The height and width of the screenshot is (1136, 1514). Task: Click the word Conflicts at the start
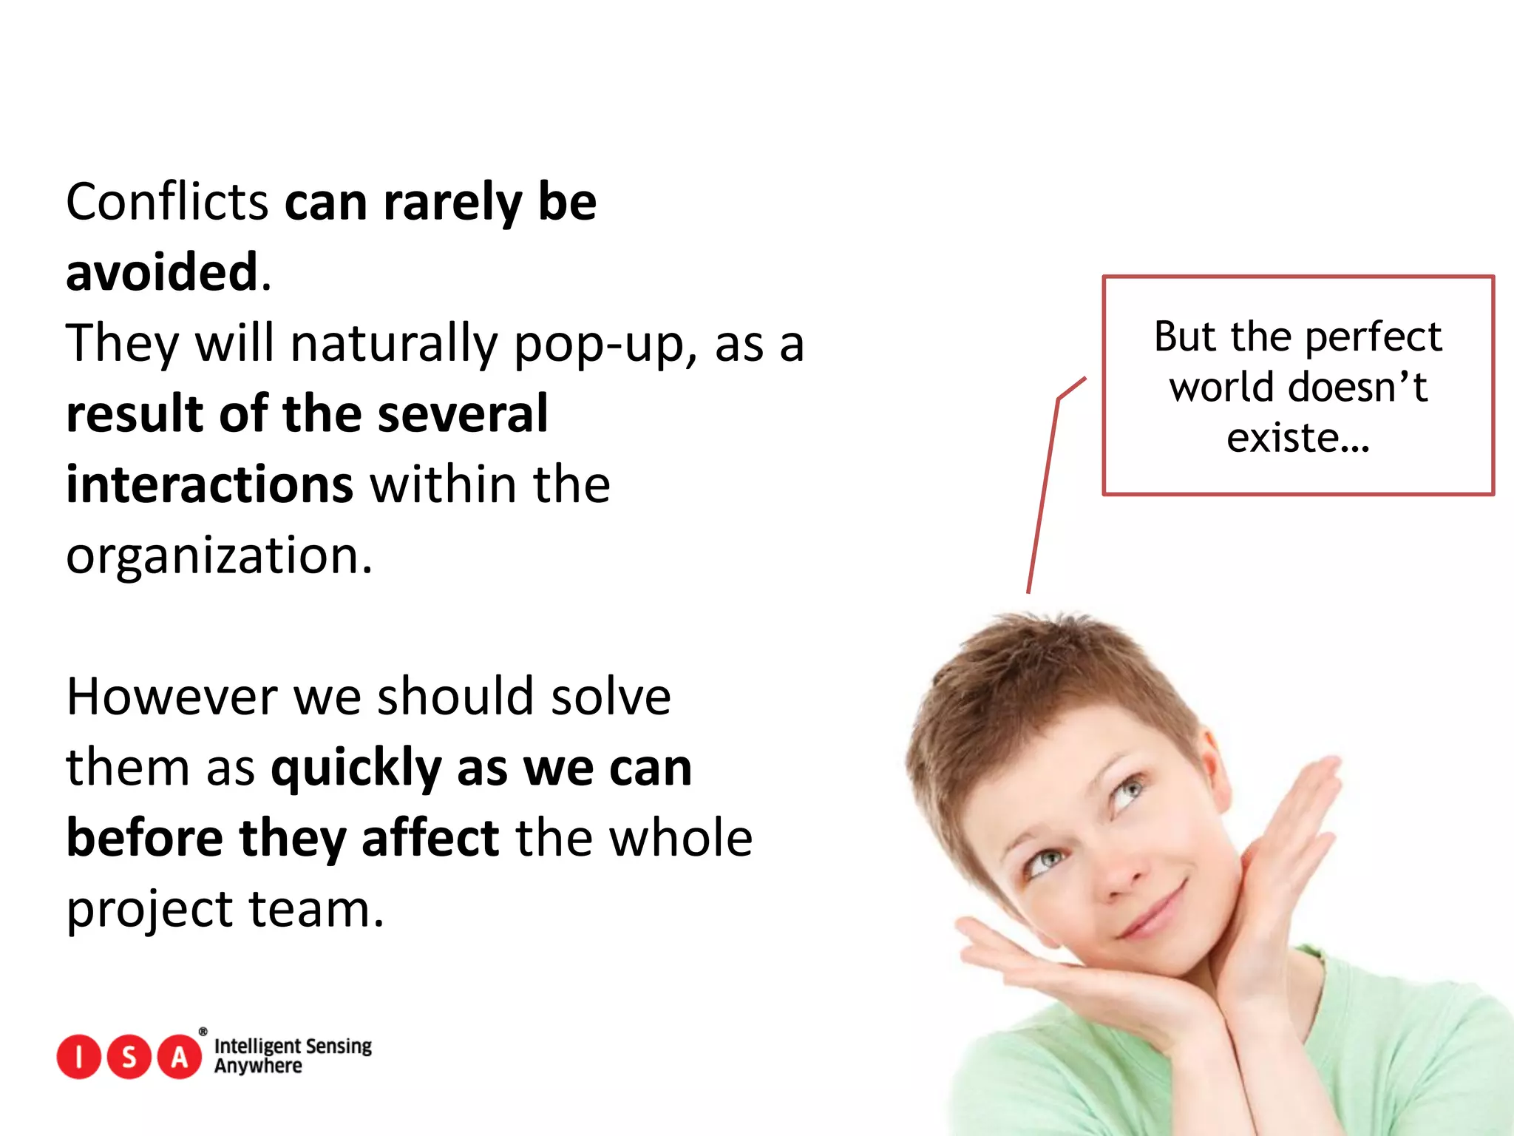tap(166, 202)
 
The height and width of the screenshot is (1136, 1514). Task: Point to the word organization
tap(218, 555)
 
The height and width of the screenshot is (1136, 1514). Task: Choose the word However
tap(172, 697)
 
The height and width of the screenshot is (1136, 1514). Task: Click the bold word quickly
tap(356, 769)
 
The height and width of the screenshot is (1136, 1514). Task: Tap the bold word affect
tap(430, 839)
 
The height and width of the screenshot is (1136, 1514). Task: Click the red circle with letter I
tap(78, 1057)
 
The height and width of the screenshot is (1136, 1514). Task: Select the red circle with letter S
tap(129, 1057)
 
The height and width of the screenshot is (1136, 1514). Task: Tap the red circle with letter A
tap(180, 1057)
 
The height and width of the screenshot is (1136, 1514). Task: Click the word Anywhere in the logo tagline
tap(258, 1066)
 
